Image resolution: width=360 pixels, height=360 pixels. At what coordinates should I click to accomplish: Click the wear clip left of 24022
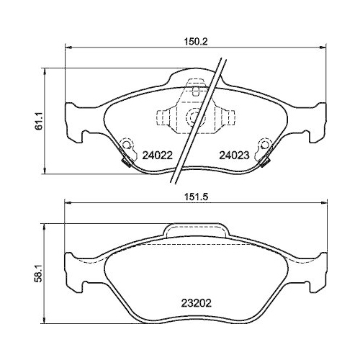[127, 151]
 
